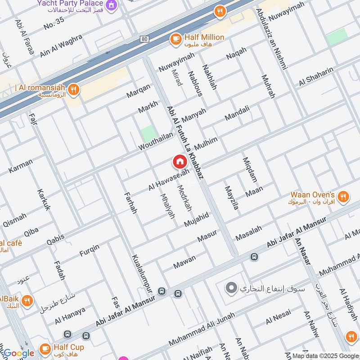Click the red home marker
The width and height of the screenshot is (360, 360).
tap(179, 161)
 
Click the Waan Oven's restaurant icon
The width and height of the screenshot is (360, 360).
tap(343, 197)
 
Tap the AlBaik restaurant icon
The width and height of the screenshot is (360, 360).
tap(27, 301)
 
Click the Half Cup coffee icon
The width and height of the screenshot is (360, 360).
tap(45, 348)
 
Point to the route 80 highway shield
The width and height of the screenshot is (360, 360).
tap(144, 39)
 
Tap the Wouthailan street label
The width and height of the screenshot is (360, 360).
tap(156, 141)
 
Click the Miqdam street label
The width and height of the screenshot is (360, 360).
tap(250, 170)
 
